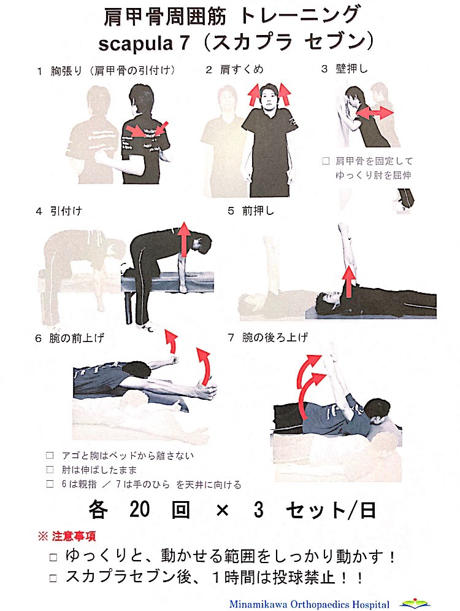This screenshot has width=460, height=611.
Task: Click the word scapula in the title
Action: point(136,43)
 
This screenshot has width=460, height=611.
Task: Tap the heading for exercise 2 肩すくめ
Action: point(235,69)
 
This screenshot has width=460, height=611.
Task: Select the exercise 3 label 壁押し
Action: point(345,69)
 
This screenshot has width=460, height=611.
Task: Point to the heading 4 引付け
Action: point(59,211)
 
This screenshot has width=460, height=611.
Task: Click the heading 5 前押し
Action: point(251,211)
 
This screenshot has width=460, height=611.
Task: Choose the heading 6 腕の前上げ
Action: point(70,338)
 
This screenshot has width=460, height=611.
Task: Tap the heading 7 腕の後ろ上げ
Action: point(268,337)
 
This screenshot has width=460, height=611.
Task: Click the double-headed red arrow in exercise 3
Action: point(375,113)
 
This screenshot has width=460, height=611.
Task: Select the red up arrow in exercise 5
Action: point(349,282)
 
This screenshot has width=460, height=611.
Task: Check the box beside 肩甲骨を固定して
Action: point(326,161)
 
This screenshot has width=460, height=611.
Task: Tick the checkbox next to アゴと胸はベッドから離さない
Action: point(50,456)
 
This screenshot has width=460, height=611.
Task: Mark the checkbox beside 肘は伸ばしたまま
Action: point(50,470)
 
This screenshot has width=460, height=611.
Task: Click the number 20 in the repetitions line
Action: point(139,510)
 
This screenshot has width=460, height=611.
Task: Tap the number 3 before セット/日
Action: point(259,510)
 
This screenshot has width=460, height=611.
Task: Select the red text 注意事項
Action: point(74,536)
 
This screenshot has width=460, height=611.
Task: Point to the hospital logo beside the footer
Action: point(415,603)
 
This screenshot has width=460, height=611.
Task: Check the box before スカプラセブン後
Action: point(54,578)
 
